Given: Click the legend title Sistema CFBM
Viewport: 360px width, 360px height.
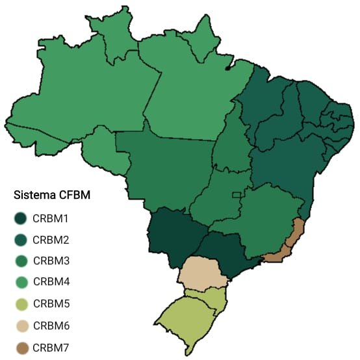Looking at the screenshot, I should (x=51, y=195).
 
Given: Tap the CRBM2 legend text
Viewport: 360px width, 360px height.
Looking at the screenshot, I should (x=51, y=240).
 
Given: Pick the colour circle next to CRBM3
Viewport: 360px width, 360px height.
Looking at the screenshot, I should (x=21, y=261).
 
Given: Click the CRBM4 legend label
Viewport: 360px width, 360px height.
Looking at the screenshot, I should (x=51, y=282).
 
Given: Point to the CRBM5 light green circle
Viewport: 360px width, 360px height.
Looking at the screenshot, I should (x=21, y=303).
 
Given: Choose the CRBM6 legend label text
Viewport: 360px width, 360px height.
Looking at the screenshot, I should (x=51, y=325).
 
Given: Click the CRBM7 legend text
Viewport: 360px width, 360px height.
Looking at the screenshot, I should (x=51, y=348).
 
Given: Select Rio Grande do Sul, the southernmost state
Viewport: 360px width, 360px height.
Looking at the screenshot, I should (x=185, y=318).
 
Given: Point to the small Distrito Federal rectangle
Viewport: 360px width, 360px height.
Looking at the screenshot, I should (x=237, y=195).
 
